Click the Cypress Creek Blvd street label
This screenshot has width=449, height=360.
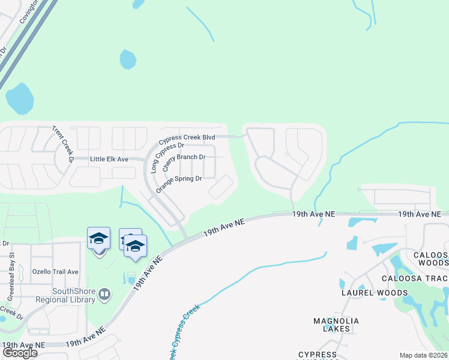187,138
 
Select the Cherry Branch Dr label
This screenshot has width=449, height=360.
185,157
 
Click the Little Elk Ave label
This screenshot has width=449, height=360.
109,159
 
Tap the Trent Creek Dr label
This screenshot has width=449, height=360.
62,145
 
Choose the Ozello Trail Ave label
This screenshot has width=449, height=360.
55,272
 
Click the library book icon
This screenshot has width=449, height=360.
105,294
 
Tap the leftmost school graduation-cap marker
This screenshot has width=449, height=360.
98,239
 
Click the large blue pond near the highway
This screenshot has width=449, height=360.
20,98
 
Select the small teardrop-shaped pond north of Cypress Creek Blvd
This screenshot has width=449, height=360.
127,59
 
